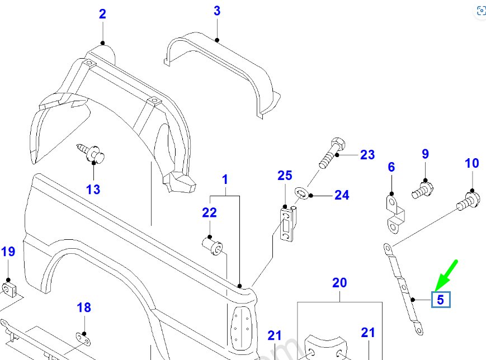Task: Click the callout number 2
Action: tap(102, 14)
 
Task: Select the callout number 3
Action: tap(217, 11)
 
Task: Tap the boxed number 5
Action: tap(440, 300)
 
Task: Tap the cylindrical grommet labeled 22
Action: tap(213, 245)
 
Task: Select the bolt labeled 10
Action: tap(468, 199)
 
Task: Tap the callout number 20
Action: tap(339, 283)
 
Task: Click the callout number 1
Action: tap(225, 179)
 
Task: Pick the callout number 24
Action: tap(342, 195)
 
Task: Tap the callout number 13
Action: tap(93, 190)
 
